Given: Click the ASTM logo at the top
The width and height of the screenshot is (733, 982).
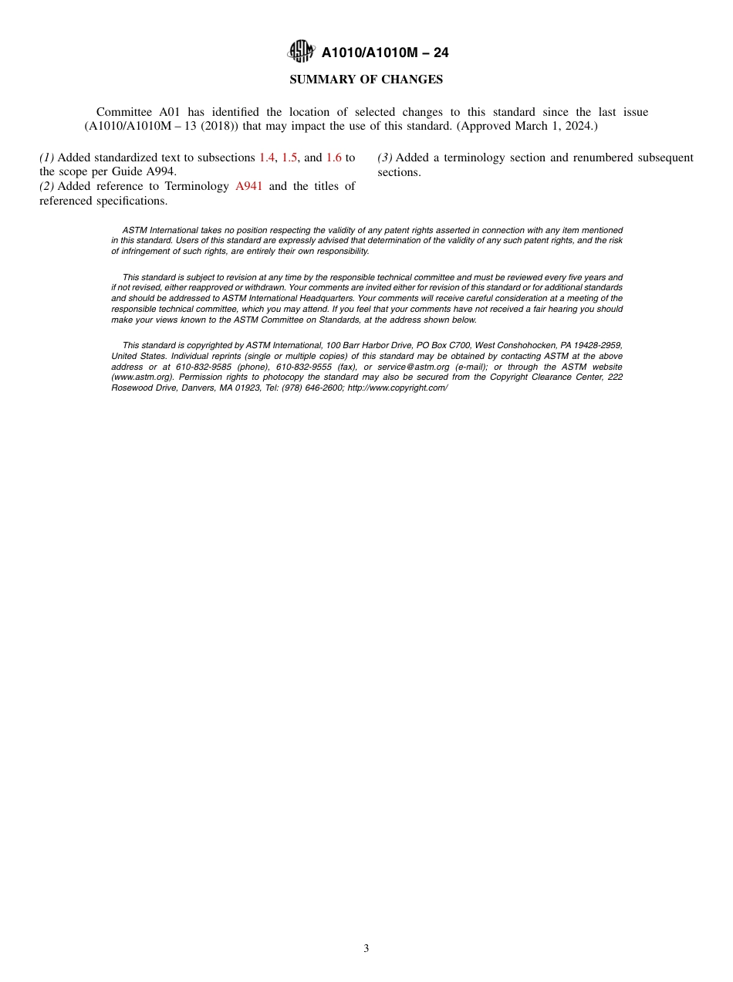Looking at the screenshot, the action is point(301,52).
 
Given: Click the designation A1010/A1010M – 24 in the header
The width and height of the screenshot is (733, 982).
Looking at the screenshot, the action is point(385,52).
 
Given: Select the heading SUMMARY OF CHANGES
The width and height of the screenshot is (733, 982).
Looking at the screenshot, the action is point(366,80).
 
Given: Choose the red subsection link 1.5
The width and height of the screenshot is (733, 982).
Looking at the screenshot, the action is point(289,157).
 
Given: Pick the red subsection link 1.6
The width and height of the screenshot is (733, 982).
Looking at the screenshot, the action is point(333,157).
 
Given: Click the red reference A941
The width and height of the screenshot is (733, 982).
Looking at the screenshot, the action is point(248,186).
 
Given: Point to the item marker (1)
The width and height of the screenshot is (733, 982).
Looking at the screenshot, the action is point(47,157).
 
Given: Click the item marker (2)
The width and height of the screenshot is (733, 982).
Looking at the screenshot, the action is point(47,186).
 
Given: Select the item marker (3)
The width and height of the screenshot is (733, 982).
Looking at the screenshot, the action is point(385,157).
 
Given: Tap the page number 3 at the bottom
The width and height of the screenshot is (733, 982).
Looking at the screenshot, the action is point(366,949).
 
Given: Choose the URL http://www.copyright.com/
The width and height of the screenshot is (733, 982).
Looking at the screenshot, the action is point(397,388).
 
